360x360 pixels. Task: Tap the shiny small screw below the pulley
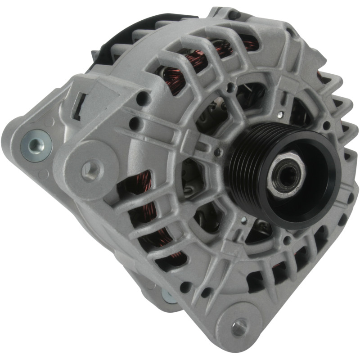243,220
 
